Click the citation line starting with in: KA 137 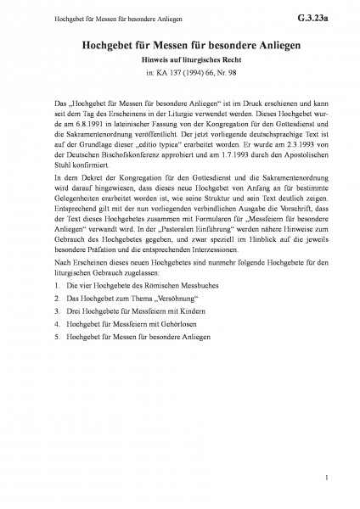tap(180, 76)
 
